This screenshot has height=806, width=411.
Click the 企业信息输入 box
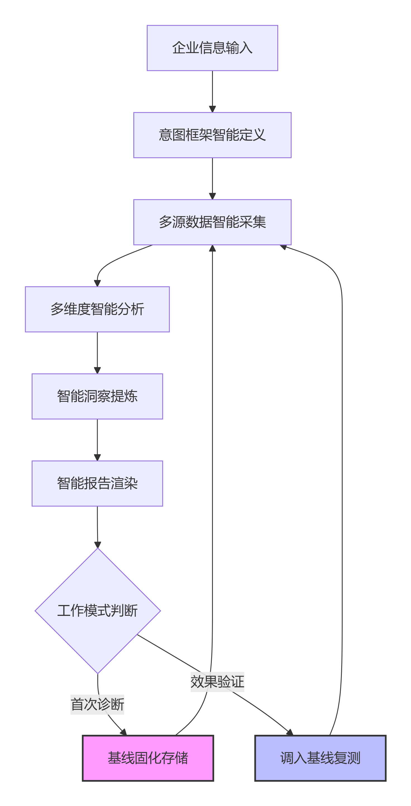point(212,48)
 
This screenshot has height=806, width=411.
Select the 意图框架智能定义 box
point(212,135)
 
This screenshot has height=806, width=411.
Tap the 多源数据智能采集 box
point(212,222)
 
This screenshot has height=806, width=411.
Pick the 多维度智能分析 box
point(97,309)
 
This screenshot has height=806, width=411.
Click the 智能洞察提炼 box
point(97,396)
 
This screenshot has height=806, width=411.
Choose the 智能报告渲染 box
point(97,483)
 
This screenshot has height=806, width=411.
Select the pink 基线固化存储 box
point(148,757)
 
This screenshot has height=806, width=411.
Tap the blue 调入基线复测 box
point(320,757)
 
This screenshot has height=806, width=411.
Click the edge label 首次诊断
point(97,704)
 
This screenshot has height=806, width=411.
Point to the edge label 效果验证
point(217,681)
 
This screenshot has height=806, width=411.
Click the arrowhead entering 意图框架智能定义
point(212,109)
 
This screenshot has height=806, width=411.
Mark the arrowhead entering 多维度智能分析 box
point(97,283)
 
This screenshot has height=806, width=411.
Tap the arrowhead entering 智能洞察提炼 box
point(97,370)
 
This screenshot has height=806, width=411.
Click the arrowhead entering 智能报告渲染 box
point(97,457)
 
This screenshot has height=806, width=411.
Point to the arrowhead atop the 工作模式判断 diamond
point(97,545)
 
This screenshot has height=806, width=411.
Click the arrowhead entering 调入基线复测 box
point(290,732)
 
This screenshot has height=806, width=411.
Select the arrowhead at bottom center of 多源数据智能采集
point(212,248)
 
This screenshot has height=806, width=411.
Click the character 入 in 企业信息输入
point(246,48)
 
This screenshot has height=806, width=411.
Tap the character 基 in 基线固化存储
point(114,757)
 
